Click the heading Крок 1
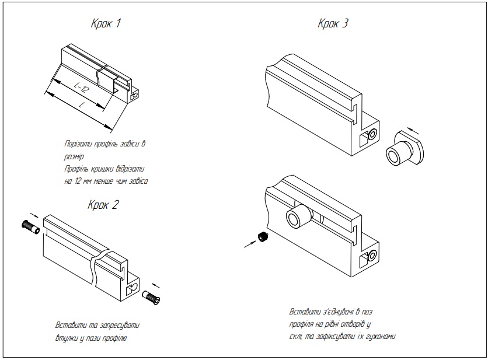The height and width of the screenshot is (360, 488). click(106, 24)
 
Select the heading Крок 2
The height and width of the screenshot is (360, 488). click(103, 205)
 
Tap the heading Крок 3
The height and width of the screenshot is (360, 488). click(333, 24)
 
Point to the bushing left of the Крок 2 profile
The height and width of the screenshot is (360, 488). click(30, 226)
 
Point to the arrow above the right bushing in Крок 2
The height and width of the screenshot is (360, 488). click(155, 285)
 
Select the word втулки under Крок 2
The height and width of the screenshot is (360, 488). click(67, 337)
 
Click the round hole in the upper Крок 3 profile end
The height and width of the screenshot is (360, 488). click(371, 135)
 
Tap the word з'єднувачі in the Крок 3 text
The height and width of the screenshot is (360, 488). click(330, 312)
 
